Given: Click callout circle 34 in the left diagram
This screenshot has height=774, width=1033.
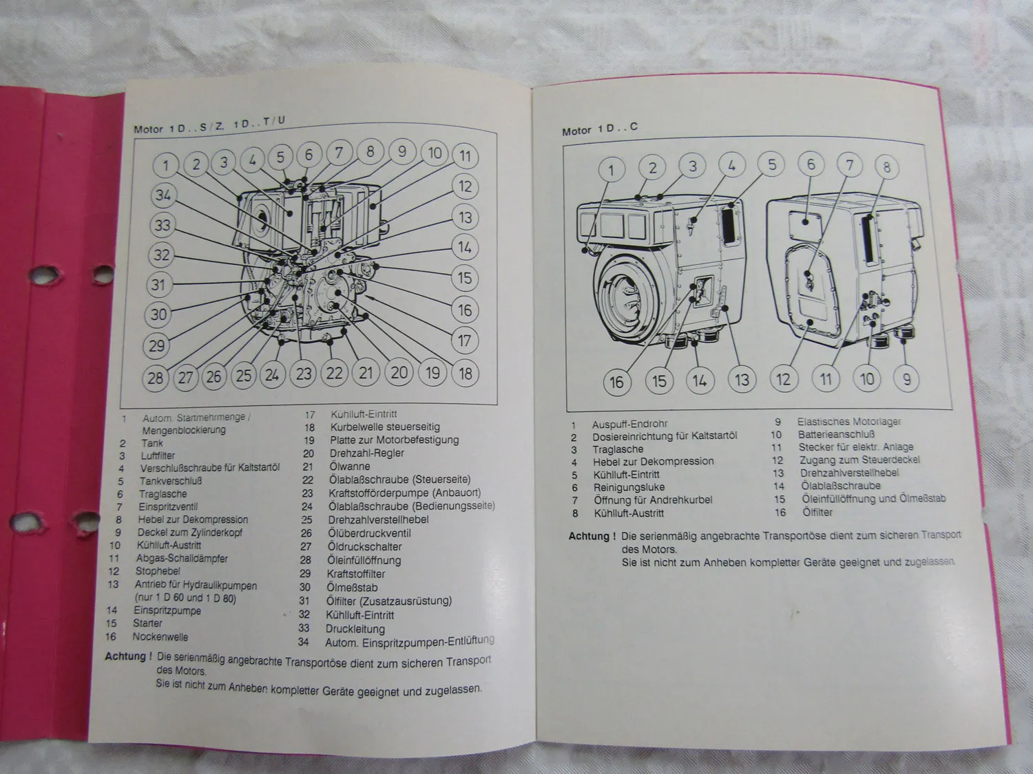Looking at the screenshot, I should (163, 195).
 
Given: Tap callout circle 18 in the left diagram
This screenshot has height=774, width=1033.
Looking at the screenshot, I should (466, 374).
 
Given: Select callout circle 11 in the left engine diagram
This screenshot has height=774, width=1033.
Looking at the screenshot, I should (466, 156).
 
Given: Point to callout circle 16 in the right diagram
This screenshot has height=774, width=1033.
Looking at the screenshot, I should (616, 382).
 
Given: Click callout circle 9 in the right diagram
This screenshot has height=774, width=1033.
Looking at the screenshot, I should (906, 378).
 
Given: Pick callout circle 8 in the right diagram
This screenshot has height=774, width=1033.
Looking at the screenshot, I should (886, 167).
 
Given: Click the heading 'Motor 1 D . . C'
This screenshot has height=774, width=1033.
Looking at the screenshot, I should (599, 129).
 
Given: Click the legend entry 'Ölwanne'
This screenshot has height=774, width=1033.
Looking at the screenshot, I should (349, 466).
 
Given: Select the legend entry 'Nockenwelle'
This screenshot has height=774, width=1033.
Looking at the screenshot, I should (160, 636).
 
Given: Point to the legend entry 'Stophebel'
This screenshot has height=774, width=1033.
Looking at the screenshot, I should (158, 571).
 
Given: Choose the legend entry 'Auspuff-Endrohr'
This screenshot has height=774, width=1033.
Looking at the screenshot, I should (629, 424).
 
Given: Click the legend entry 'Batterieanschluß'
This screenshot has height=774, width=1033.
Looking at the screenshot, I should (836, 434).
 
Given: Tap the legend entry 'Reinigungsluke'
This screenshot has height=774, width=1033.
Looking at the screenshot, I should (629, 487).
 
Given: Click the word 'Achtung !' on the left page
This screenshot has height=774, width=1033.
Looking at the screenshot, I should (128, 656).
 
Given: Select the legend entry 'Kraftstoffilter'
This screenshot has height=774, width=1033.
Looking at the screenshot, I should (355, 574).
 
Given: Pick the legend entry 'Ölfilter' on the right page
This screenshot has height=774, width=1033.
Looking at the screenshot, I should (817, 513).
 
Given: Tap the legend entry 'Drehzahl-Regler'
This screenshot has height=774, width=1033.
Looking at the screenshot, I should (366, 453).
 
